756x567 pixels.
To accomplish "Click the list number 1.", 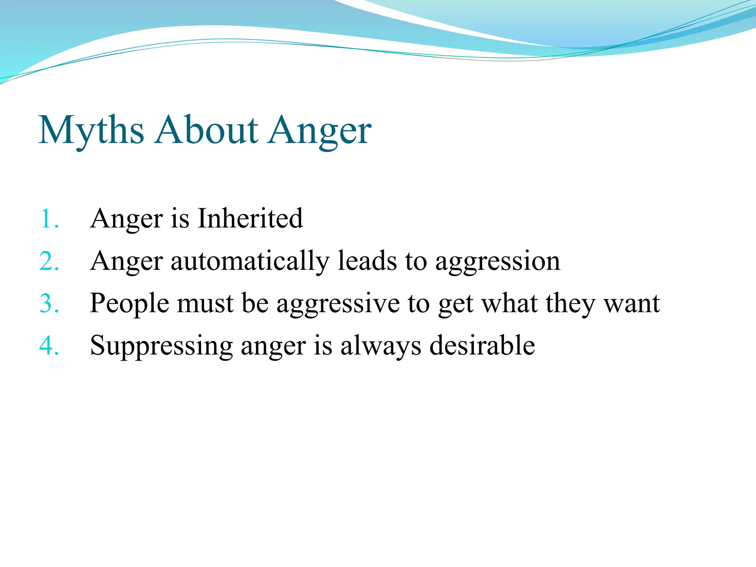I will pyautogui.click(x=49, y=219).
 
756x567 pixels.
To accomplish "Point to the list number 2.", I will pyautogui.click(x=49, y=261).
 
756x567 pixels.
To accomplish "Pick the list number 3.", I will pyautogui.click(x=49, y=304).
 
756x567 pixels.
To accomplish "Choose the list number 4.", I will pyautogui.click(x=49, y=346).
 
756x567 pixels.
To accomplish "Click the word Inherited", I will pyautogui.click(x=250, y=218).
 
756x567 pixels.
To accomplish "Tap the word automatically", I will pyautogui.click(x=250, y=261).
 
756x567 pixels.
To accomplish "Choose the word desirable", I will pyautogui.click(x=482, y=346).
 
